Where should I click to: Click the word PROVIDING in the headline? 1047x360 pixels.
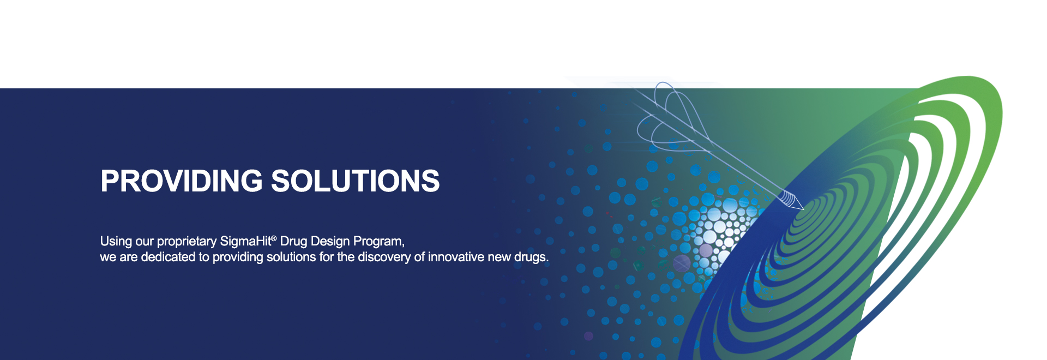[182, 181]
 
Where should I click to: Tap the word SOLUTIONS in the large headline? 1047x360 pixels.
[356, 181]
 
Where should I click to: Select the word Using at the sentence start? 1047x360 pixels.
[116, 242]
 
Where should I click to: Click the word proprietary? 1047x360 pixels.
[187, 242]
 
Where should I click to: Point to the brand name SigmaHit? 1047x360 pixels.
[245, 241]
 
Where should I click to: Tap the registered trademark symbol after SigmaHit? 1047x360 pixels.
[274, 238]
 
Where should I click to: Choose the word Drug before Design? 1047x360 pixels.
[293, 241]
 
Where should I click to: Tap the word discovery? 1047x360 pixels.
[384, 257]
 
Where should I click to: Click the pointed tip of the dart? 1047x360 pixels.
[804, 209]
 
